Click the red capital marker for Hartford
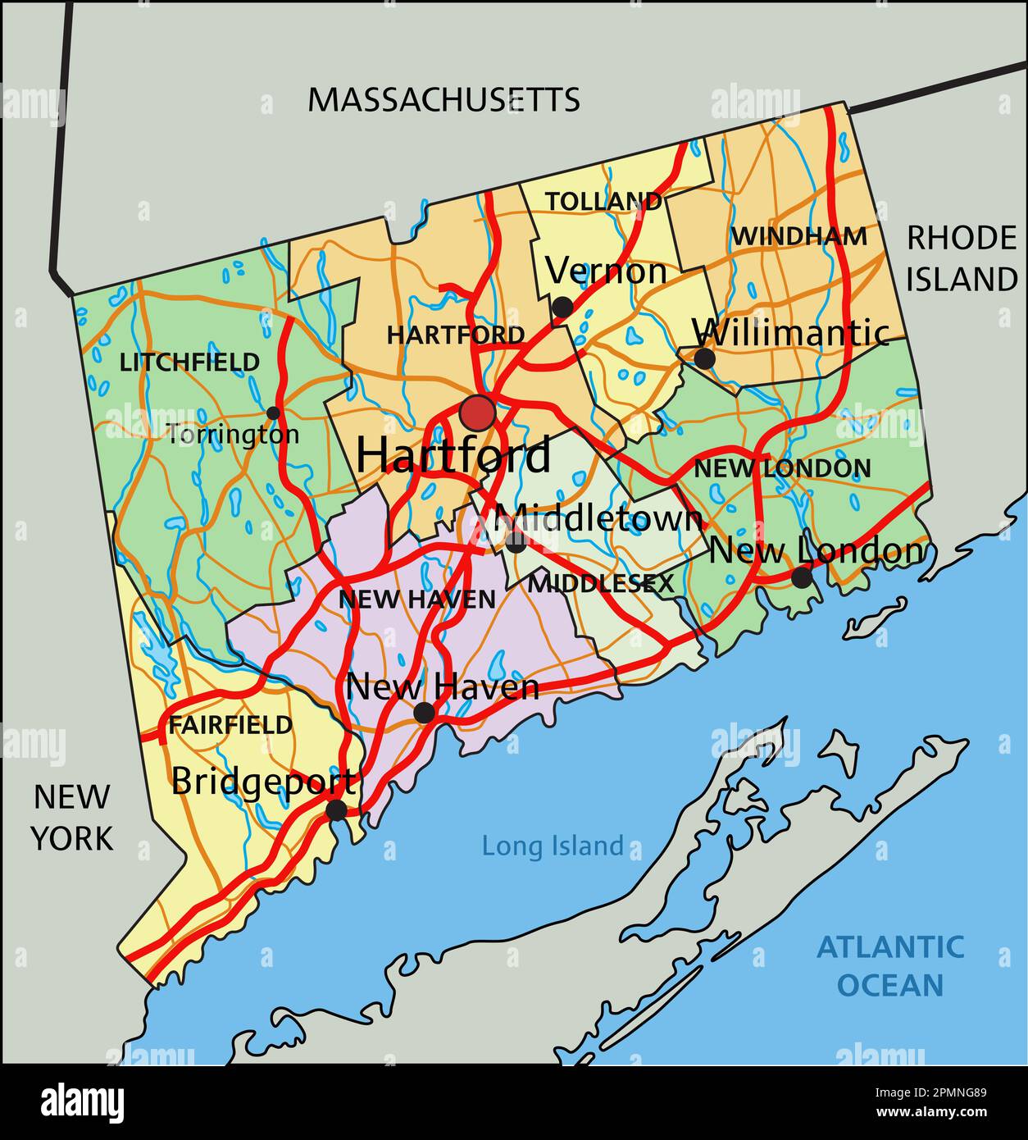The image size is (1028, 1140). point(477,413)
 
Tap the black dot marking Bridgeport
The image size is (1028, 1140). point(336,810)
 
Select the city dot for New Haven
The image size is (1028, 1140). point(424,713)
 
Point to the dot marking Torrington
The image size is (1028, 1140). point(273,413)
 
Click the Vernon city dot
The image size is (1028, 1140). point(562,308)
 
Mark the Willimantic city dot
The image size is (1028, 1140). point(704,358)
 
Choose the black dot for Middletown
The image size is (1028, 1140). point(516,541)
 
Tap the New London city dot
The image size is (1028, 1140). point(802,577)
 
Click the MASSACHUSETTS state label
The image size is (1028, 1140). point(443,100)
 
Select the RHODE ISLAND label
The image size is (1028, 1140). point(962,258)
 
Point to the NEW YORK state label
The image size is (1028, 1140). point(72,817)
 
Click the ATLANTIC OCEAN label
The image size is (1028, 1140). point(890,965)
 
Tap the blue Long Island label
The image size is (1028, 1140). point(553,846)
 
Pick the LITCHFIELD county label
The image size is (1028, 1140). point(189,362)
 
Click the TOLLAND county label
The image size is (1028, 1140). point(604,201)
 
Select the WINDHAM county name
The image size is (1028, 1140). point(798,236)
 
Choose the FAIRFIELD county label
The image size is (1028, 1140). point(230,725)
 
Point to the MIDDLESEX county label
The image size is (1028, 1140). point(601,584)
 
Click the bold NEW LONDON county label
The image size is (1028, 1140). point(782,469)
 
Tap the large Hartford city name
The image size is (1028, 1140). point(454,455)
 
